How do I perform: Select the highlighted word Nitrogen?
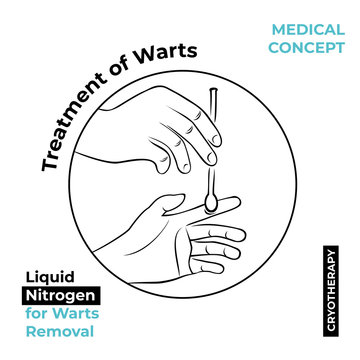pyautogui.click(x=59, y=295)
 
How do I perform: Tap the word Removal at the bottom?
pyautogui.click(x=59, y=331)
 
